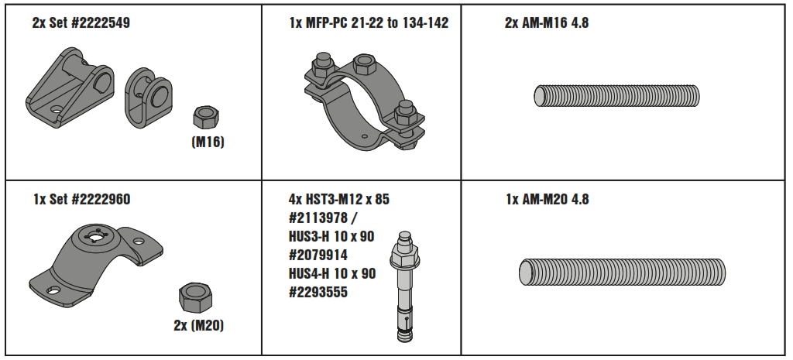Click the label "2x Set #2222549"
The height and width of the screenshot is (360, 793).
[x=81, y=23]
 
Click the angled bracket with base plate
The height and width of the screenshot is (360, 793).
[x=70, y=85]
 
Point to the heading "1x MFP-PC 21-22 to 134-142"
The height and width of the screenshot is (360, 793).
[x=369, y=23]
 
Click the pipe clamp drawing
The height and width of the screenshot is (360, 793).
[x=360, y=101]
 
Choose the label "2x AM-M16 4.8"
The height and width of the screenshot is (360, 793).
[x=547, y=23]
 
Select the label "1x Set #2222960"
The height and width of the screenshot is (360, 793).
[x=81, y=199]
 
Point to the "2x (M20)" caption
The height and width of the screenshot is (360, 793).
[x=198, y=325]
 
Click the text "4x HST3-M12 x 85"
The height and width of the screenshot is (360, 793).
[x=339, y=199]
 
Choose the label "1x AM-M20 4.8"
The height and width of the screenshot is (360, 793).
[x=547, y=199]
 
